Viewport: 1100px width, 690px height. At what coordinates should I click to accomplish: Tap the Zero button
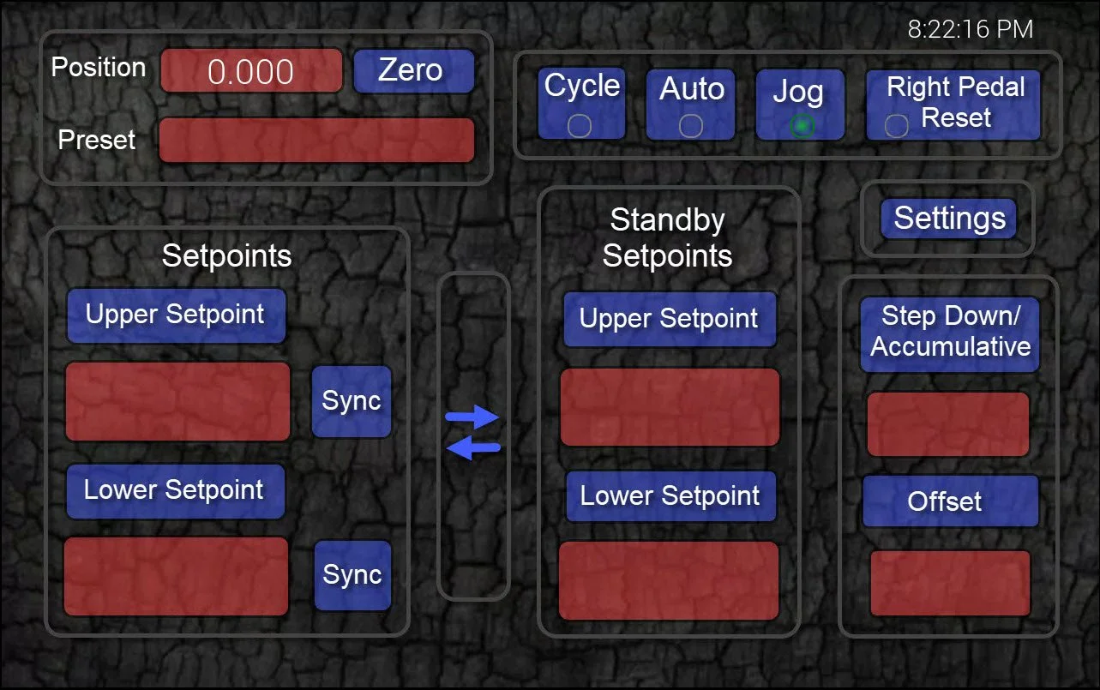point(413,70)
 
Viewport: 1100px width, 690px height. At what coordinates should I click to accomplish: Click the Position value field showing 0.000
point(251,71)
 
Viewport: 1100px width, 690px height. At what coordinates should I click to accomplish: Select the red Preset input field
point(316,140)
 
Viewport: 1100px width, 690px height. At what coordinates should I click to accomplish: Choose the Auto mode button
point(691,104)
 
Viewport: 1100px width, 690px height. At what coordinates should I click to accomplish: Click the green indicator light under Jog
point(802,126)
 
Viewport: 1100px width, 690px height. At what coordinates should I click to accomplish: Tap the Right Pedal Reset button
point(953,104)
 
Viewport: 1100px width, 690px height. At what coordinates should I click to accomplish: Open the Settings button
point(949,219)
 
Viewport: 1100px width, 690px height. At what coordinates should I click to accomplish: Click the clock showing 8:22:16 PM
point(970,29)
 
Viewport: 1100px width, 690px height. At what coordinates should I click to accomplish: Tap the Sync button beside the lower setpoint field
point(352,575)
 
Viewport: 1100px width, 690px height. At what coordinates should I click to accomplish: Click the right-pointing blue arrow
point(472,417)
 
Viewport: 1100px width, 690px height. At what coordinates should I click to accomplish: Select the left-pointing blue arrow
point(472,447)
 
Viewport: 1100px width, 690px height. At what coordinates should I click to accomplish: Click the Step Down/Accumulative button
point(950,333)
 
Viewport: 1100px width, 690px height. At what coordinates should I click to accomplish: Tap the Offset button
point(950,501)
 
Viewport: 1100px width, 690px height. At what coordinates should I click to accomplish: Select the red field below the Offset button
point(950,583)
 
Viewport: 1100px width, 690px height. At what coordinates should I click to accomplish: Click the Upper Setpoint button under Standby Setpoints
point(670,319)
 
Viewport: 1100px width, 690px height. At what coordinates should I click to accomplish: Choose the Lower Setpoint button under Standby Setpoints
point(670,496)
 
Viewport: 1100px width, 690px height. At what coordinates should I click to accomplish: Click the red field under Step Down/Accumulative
point(948,424)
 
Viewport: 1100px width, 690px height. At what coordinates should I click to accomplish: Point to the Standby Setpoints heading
point(667,237)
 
